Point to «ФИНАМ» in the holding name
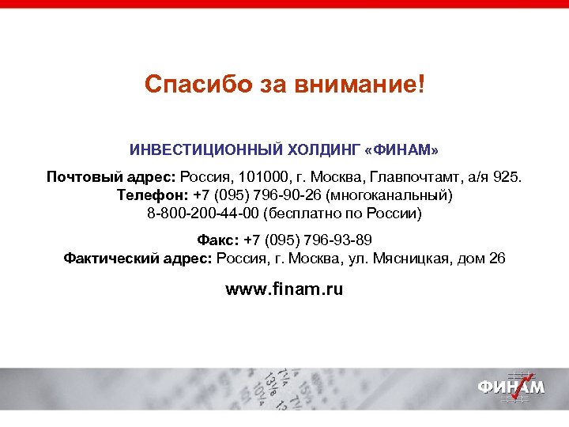click(x=401, y=150)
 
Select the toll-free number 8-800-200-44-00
click(x=203, y=213)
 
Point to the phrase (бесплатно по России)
click(x=344, y=213)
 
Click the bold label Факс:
click(x=217, y=240)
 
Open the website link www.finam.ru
click(x=284, y=289)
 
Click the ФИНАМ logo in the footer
click(x=510, y=387)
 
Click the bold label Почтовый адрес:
click(x=111, y=176)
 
